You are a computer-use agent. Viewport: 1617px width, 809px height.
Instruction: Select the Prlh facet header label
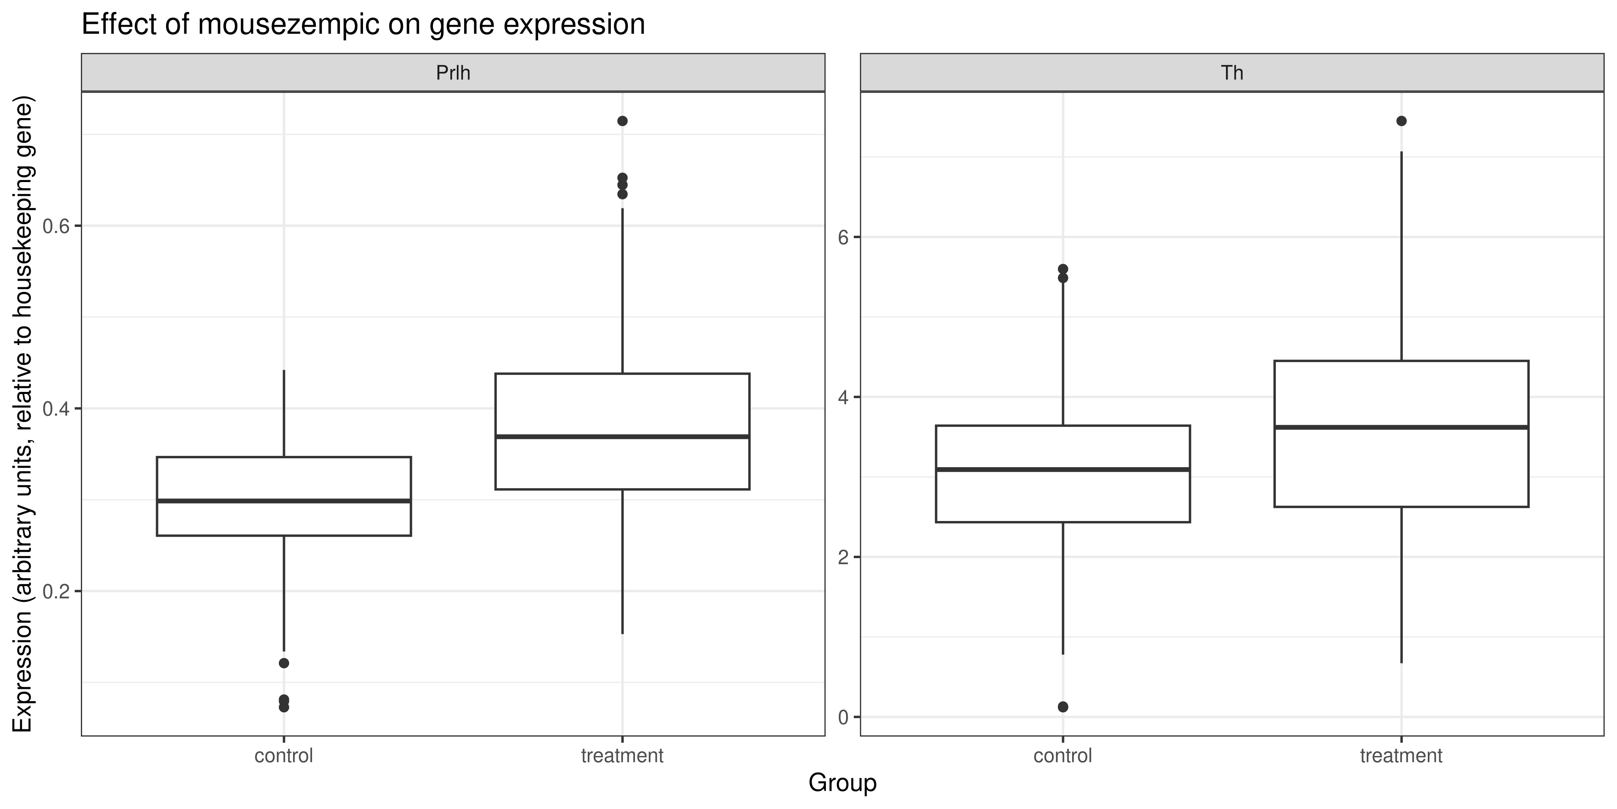point(453,73)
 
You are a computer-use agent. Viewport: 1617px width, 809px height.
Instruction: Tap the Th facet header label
point(1232,73)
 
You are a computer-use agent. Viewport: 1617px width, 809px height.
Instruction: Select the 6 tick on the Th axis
point(843,237)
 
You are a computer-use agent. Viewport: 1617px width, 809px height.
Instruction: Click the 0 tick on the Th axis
point(843,717)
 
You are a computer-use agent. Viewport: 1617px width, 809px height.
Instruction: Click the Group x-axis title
point(842,783)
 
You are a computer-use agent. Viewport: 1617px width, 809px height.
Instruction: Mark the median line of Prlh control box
point(284,501)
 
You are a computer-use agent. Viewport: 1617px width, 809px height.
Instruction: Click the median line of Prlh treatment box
point(622,436)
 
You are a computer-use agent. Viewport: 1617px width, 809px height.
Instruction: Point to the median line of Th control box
point(1063,469)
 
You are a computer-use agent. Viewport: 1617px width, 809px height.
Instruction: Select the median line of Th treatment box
point(1401,427)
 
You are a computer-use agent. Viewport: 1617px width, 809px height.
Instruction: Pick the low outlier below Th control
point(1063,707)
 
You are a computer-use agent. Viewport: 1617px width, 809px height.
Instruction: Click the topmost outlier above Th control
point(1063,269)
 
